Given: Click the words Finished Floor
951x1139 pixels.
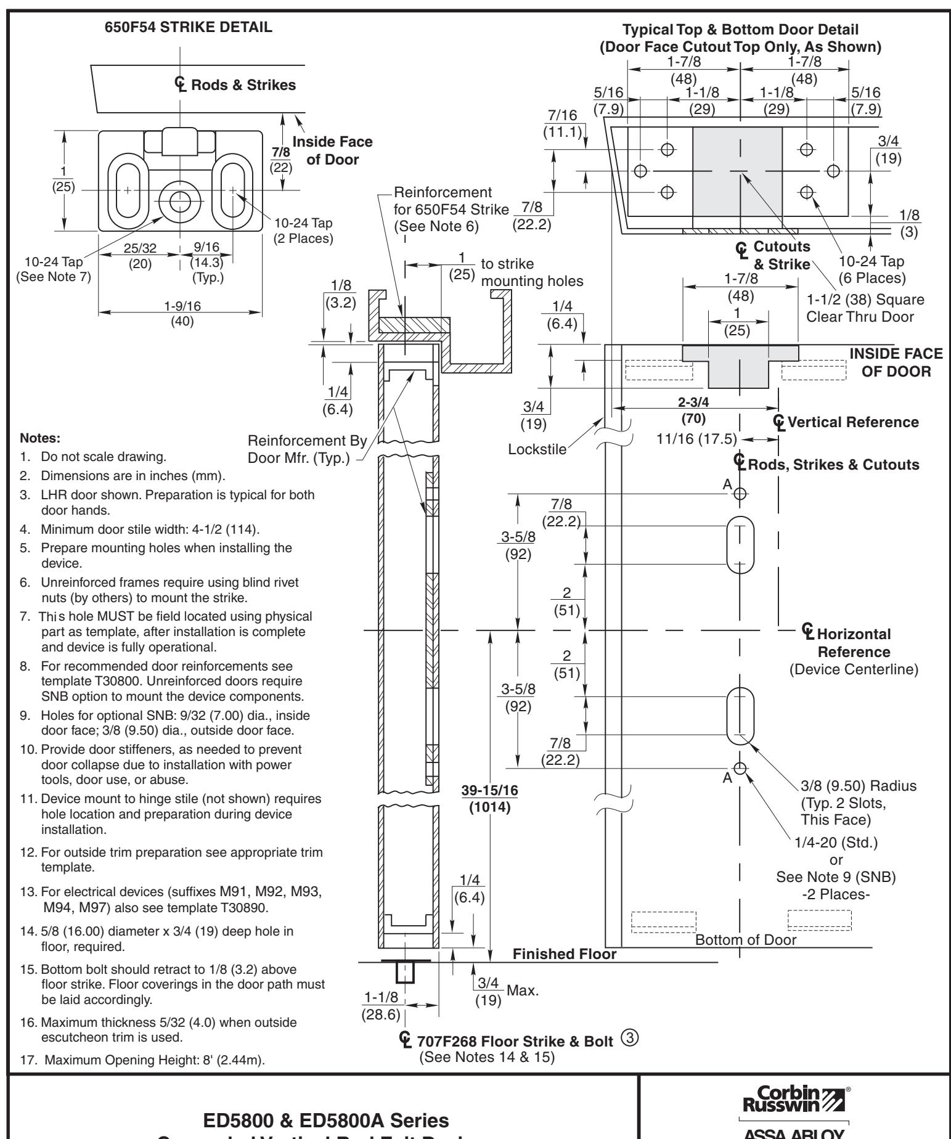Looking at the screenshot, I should pos(565,955).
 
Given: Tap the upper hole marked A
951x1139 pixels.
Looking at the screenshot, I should pos(740,493).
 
